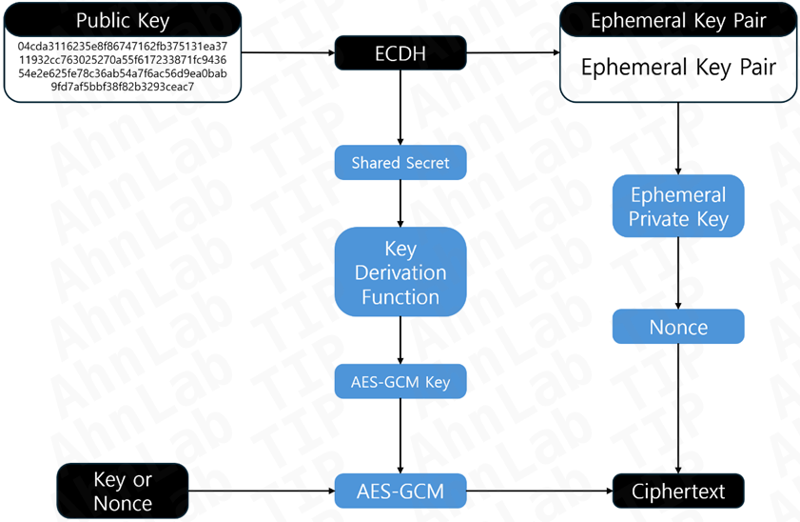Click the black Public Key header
click(x=122, y=20)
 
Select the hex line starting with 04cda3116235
click(x=122, y=46)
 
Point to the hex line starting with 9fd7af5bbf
click(x=122, y=87)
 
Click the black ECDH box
click(x=400, y=53)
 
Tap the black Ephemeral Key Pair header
click(x=678, y=20)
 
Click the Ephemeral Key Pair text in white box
click(x=678, y=68)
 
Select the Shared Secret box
click(x=400, y=162)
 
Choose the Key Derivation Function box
click(x=400, y=272)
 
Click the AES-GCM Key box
click(x=400, y=382)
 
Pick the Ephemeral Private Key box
click(x=678, y=207)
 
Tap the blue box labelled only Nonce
click(x=678, y=327)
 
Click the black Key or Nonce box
click(x=122, y=491)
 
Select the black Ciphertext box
click(x=678, y=492)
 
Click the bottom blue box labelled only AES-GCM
click(x=400, y=492)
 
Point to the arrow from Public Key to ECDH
click(x=285, y=53)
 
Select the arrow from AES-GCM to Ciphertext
click(x=537, y=492)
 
